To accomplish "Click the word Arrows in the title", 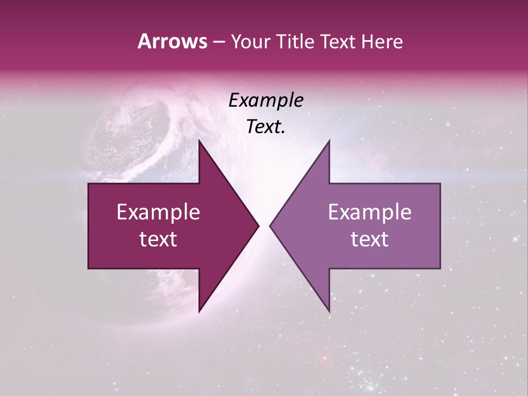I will [172, 41].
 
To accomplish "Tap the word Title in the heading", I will [295, 41].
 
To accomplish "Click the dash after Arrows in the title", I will [218, 42].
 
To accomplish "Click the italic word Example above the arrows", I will [266, 101].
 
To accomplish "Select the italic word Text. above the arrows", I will [266, 127].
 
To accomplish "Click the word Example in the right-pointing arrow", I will [158, 212].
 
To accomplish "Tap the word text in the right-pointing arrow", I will [158, 239].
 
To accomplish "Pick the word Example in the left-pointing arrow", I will [370, 212].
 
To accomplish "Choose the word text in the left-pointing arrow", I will [370, 239].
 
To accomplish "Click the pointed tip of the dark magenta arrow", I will [258, 226].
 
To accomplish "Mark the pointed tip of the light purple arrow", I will [270, 226].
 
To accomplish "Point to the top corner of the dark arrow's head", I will [199, 140].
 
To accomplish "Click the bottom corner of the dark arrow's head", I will [199, 312].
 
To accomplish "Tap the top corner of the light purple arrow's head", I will [329, 140].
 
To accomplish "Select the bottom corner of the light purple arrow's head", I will [329, 312].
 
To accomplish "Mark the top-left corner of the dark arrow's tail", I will [89, 184].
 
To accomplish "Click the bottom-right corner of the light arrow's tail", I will [440, 268].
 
